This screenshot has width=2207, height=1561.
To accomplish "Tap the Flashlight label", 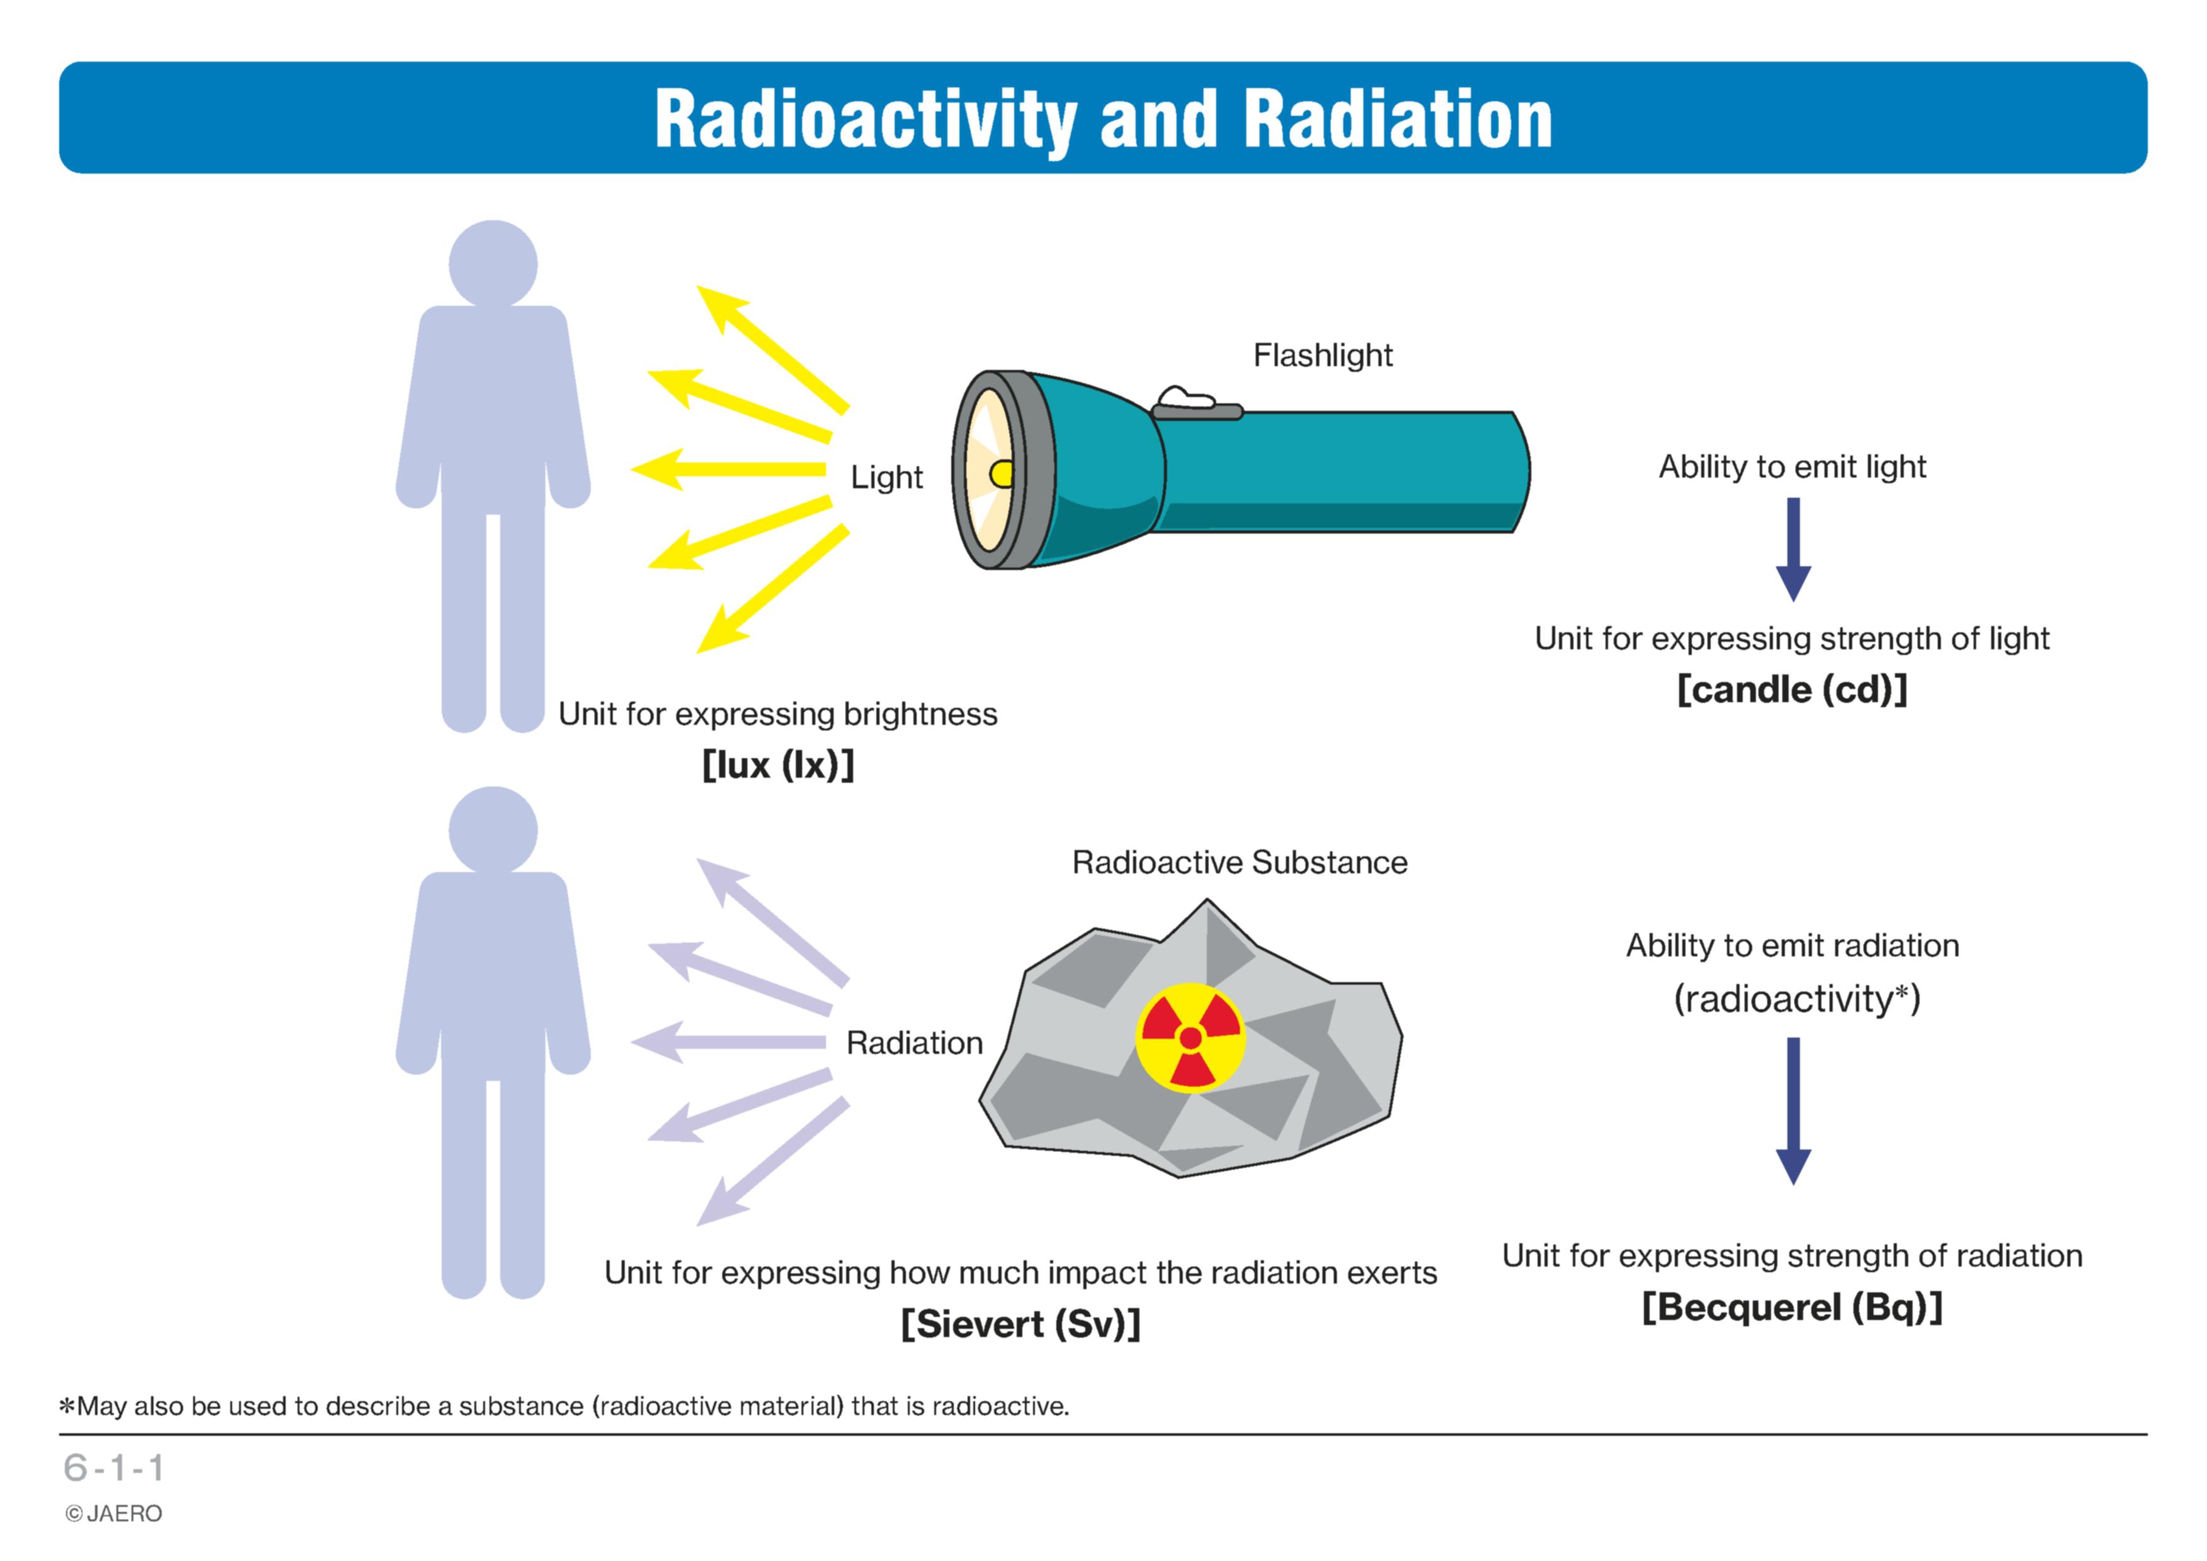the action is click(x=1322, y=355).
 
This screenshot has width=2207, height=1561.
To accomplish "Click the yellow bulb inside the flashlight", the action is click(x=1002, y=473).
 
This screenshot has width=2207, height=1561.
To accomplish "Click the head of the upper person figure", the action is click(x=493, y=264).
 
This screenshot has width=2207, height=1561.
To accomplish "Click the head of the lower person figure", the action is click(x=493, y=831).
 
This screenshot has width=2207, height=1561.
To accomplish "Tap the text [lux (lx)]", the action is click(x=778, y=765).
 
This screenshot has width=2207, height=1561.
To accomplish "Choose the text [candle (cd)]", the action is click(x=1792, y=689).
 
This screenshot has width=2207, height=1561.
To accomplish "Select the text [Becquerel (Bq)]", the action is click(x=1792, y=1307).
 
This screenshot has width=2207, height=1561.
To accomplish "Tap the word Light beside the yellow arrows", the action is click(x=886, y=478).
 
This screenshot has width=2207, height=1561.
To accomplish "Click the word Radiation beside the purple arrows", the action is click(x=914, y=1043).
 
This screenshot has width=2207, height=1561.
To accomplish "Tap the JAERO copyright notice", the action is click(x=113, y=1514).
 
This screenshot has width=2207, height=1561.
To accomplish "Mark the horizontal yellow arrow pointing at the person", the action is click(x=728, y=469).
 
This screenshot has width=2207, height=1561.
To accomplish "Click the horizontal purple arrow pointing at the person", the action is click(x=728, y=1042).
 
